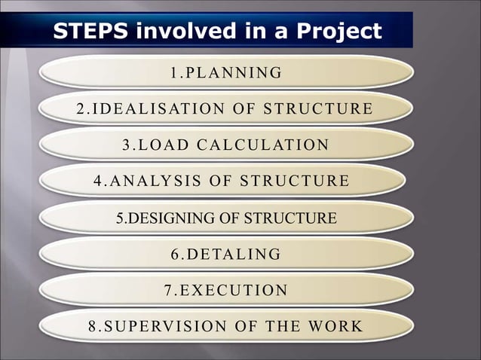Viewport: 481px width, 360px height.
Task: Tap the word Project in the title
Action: point(339,32)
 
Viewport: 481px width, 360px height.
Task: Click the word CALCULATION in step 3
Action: point(265,145)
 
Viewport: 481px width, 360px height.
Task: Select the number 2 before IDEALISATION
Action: point(81,109)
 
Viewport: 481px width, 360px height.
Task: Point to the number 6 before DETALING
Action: point(175,255)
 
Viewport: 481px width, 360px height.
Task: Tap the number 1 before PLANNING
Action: point(174,73)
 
